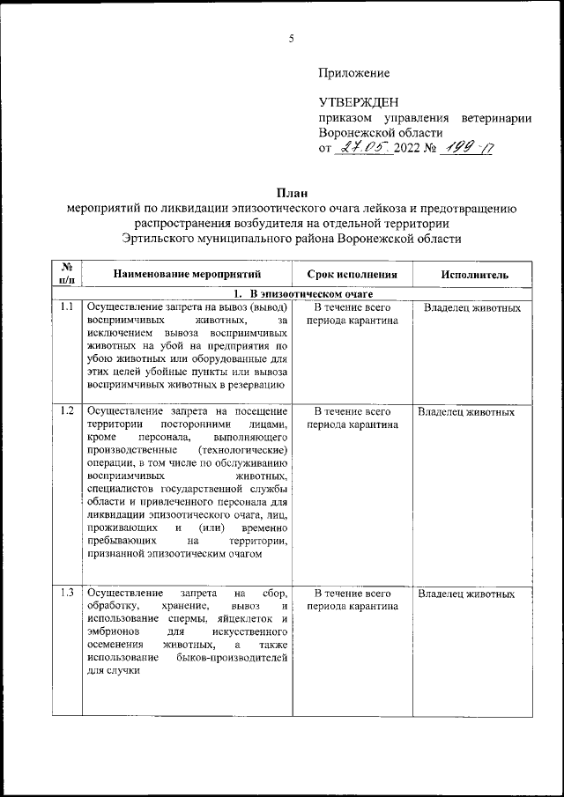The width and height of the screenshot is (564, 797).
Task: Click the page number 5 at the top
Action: [x=290, y=37]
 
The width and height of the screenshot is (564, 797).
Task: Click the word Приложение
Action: [x=353, y=73]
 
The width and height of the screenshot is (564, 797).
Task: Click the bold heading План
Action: [x=291, y=192]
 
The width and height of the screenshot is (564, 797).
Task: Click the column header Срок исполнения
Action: [x=352, y=275]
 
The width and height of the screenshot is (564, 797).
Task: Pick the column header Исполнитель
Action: [x=474, y=275]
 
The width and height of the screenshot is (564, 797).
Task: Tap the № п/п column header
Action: [x=66, y=274]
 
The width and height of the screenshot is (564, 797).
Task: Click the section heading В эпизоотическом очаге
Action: [x=304, y=292]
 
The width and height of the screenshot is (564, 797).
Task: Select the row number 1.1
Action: [x=66, y=307]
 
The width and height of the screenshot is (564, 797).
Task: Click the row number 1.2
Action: [x=66, y=411]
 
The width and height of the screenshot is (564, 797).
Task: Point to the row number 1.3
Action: [x=66, y=594]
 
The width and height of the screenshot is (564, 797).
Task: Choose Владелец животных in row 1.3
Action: [x=466, y=594]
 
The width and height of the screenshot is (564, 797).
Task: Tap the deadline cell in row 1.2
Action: [x=352, y=417]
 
